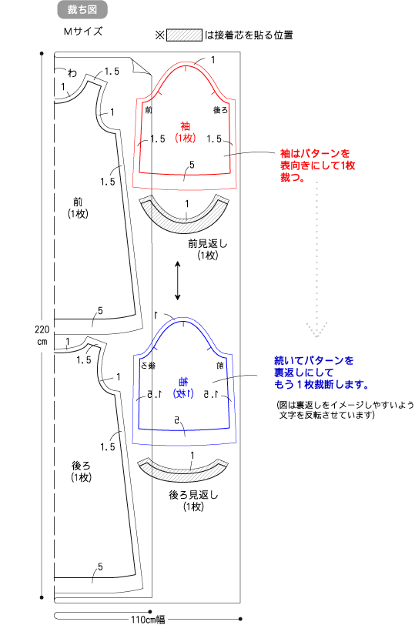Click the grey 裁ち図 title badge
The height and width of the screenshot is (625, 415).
click(82, 10)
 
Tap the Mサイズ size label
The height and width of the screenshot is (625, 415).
click(83, 32)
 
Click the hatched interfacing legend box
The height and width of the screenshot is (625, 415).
click(184, 35)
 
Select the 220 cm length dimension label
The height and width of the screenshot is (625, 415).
click(42, 336)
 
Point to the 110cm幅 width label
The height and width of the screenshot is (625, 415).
click(148, 619)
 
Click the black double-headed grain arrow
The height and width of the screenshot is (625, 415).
click(178, 281)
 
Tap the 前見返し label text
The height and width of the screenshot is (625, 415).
click(207, 243)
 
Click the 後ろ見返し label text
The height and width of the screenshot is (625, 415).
click(194, 495)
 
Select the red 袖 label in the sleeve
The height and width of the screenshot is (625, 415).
click(185, 127)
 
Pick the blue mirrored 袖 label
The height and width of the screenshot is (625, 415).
click(183, 382)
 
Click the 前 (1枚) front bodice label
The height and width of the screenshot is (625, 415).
click(78, 208)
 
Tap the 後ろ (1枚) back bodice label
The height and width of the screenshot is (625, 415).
click(81, 471)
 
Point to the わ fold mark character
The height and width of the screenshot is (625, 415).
click(72, 72)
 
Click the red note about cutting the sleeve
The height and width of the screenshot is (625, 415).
click(317, 165)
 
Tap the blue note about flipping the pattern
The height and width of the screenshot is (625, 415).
click(321, 373)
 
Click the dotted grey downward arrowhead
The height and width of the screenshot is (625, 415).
click(317, 330)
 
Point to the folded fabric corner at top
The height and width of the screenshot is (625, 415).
click(141, 66)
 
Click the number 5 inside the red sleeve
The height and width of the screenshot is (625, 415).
click(192, 165)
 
